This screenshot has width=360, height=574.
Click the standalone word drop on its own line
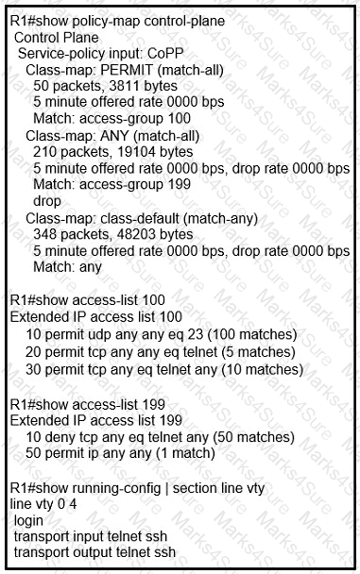[48, 201]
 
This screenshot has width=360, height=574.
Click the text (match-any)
[213, 217]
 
